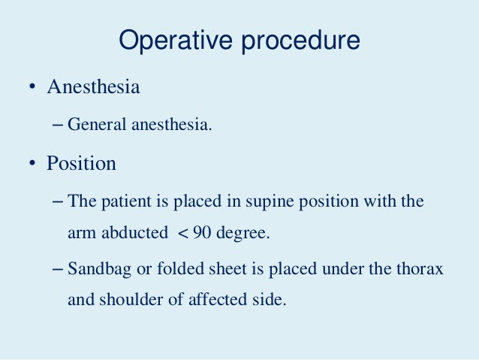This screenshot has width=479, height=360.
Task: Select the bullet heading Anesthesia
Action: point(93,86)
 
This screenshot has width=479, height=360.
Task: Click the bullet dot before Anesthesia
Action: point(33,87)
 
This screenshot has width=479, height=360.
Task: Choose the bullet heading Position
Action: point(81,162)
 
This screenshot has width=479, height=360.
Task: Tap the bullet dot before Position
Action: point(33,163)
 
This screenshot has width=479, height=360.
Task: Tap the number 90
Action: point(201,233)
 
